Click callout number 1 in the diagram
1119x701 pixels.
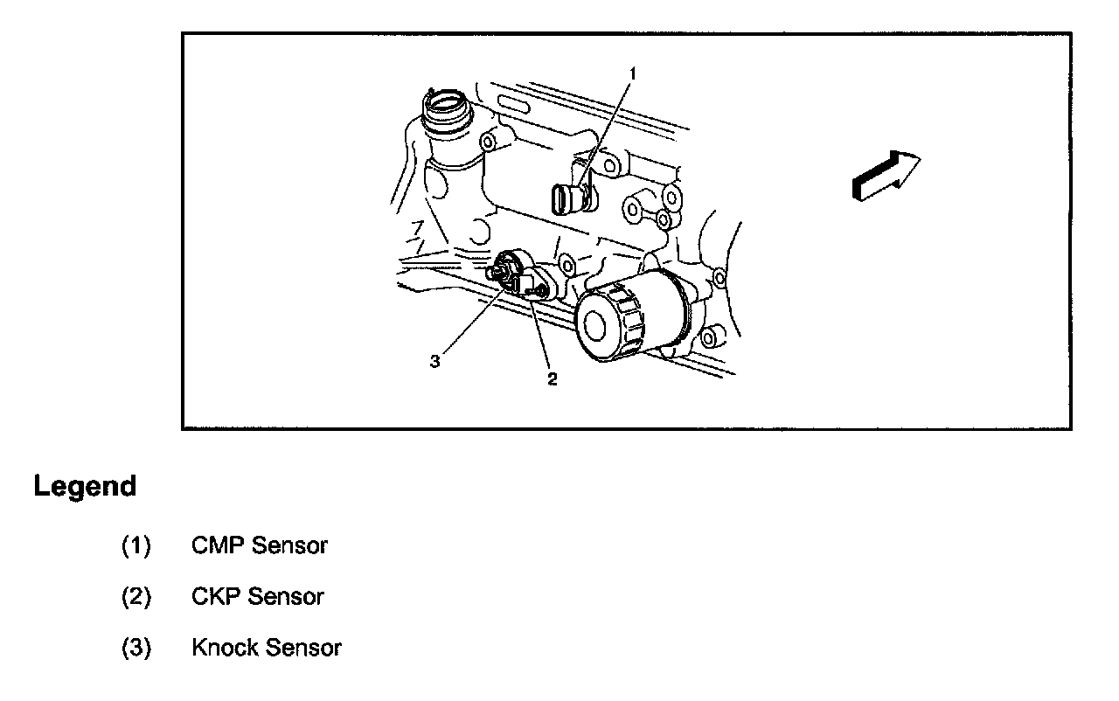point(633,74)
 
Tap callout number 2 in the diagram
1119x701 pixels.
point(552,379)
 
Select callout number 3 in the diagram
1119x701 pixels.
point(435,361)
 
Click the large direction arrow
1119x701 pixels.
point(886,176)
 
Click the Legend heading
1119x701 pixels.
point(85,486)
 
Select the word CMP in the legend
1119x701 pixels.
point(218,545)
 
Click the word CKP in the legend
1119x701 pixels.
point(216,596)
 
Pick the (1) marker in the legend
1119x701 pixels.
point(136,545)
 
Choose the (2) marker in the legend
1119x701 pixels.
point(136,597)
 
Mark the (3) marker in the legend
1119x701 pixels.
point(136,648)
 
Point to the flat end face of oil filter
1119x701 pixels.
point(595,326)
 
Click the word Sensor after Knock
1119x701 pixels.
point(303,648)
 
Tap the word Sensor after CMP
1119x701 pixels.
point(289,545)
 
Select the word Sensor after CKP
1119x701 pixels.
point(286,596)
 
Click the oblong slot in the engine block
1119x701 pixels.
point(513,106)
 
